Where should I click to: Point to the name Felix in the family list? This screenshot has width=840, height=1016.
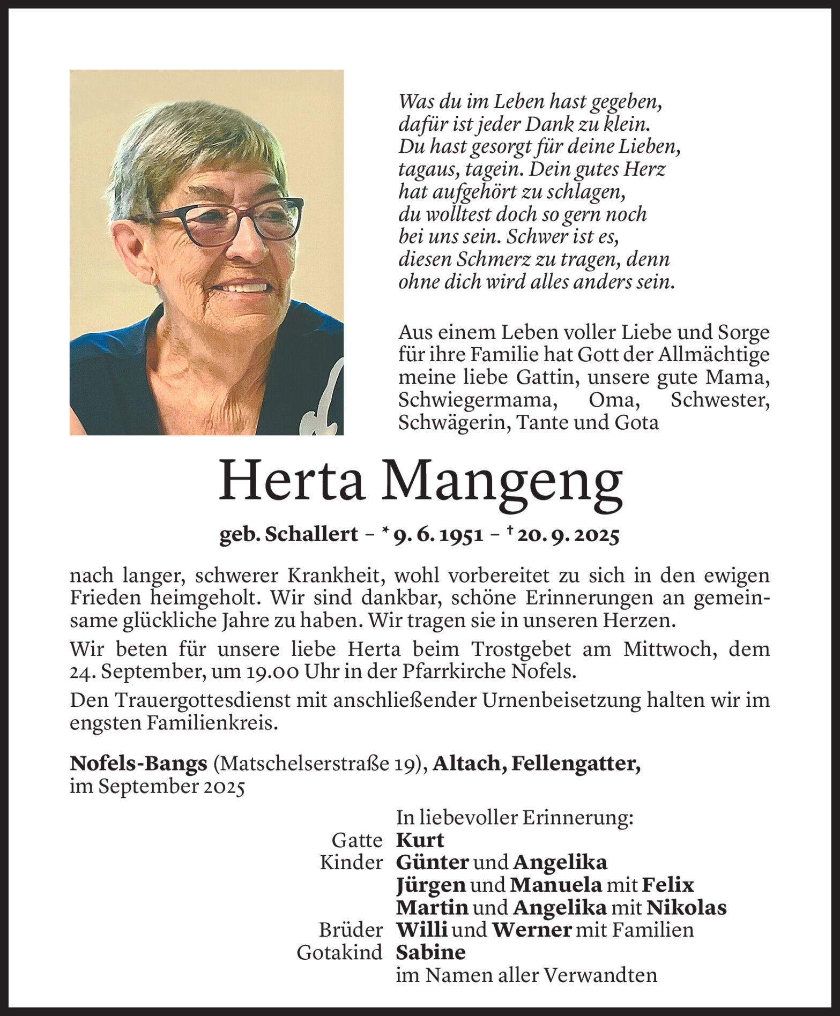point(667,884)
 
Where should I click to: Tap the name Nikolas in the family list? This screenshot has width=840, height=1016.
point(686,907)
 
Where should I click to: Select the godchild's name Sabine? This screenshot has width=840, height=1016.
point(430,952)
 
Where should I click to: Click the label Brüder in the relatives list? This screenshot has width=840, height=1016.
point(351,930)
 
